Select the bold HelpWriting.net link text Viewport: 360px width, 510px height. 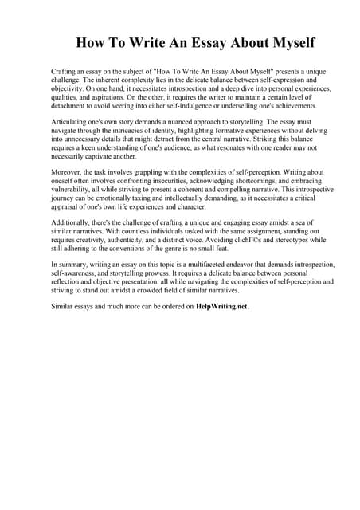222,306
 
